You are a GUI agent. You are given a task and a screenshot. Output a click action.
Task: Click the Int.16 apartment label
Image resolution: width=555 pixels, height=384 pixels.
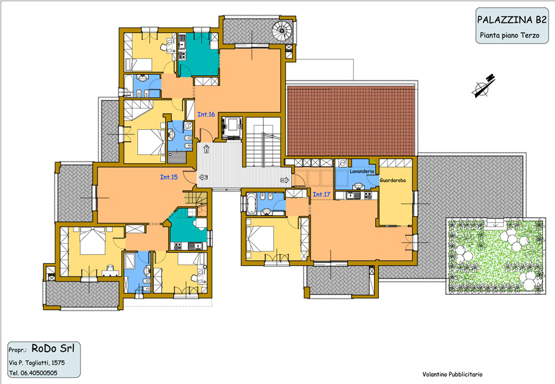tap(206, 114)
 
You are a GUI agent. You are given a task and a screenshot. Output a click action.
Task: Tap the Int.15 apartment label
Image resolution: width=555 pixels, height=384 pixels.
tap(169, 177)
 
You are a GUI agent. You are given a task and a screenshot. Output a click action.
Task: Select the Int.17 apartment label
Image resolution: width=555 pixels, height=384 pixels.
tap(321, 194)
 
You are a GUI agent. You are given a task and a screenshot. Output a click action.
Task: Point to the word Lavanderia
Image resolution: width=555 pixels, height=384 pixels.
tap(362, 171)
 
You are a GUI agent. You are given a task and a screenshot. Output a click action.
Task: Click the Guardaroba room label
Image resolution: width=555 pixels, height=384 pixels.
tap(392, 180)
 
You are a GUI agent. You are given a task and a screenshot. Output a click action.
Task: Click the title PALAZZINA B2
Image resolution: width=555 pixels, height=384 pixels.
tap(512, 20)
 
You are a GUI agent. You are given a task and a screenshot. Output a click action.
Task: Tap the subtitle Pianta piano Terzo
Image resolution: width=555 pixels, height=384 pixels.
tap(510, 35)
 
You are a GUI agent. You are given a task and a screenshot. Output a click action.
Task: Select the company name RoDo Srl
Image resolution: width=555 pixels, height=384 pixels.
tap(53, 348)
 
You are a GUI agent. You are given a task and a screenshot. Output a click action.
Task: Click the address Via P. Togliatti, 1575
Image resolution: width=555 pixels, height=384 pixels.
tap(37, 363)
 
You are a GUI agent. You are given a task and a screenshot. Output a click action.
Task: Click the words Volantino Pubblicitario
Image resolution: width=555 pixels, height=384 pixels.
tap(452, 374)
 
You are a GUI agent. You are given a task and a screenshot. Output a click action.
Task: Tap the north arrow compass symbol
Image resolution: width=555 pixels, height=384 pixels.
tap(483, 86)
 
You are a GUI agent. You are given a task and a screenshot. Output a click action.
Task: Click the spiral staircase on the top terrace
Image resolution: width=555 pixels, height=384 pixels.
tap(282, 31)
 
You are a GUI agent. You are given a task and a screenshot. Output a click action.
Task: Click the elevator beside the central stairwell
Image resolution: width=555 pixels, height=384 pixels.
tap(231, 127)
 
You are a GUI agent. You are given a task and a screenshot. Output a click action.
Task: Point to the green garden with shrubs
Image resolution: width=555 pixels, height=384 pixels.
tap(495, 256)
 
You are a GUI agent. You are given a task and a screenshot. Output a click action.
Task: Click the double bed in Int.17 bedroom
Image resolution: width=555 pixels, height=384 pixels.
tap(260, 238)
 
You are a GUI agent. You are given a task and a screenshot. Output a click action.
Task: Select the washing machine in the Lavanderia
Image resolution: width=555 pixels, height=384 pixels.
tap(342, 163)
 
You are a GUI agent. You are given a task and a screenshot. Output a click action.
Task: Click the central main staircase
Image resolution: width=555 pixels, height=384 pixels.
tap(263, 142)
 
